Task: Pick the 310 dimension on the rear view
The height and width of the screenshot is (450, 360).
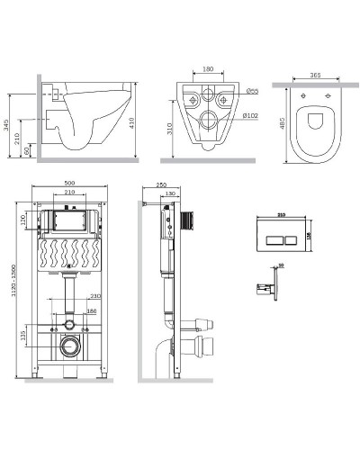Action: [172, 130]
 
